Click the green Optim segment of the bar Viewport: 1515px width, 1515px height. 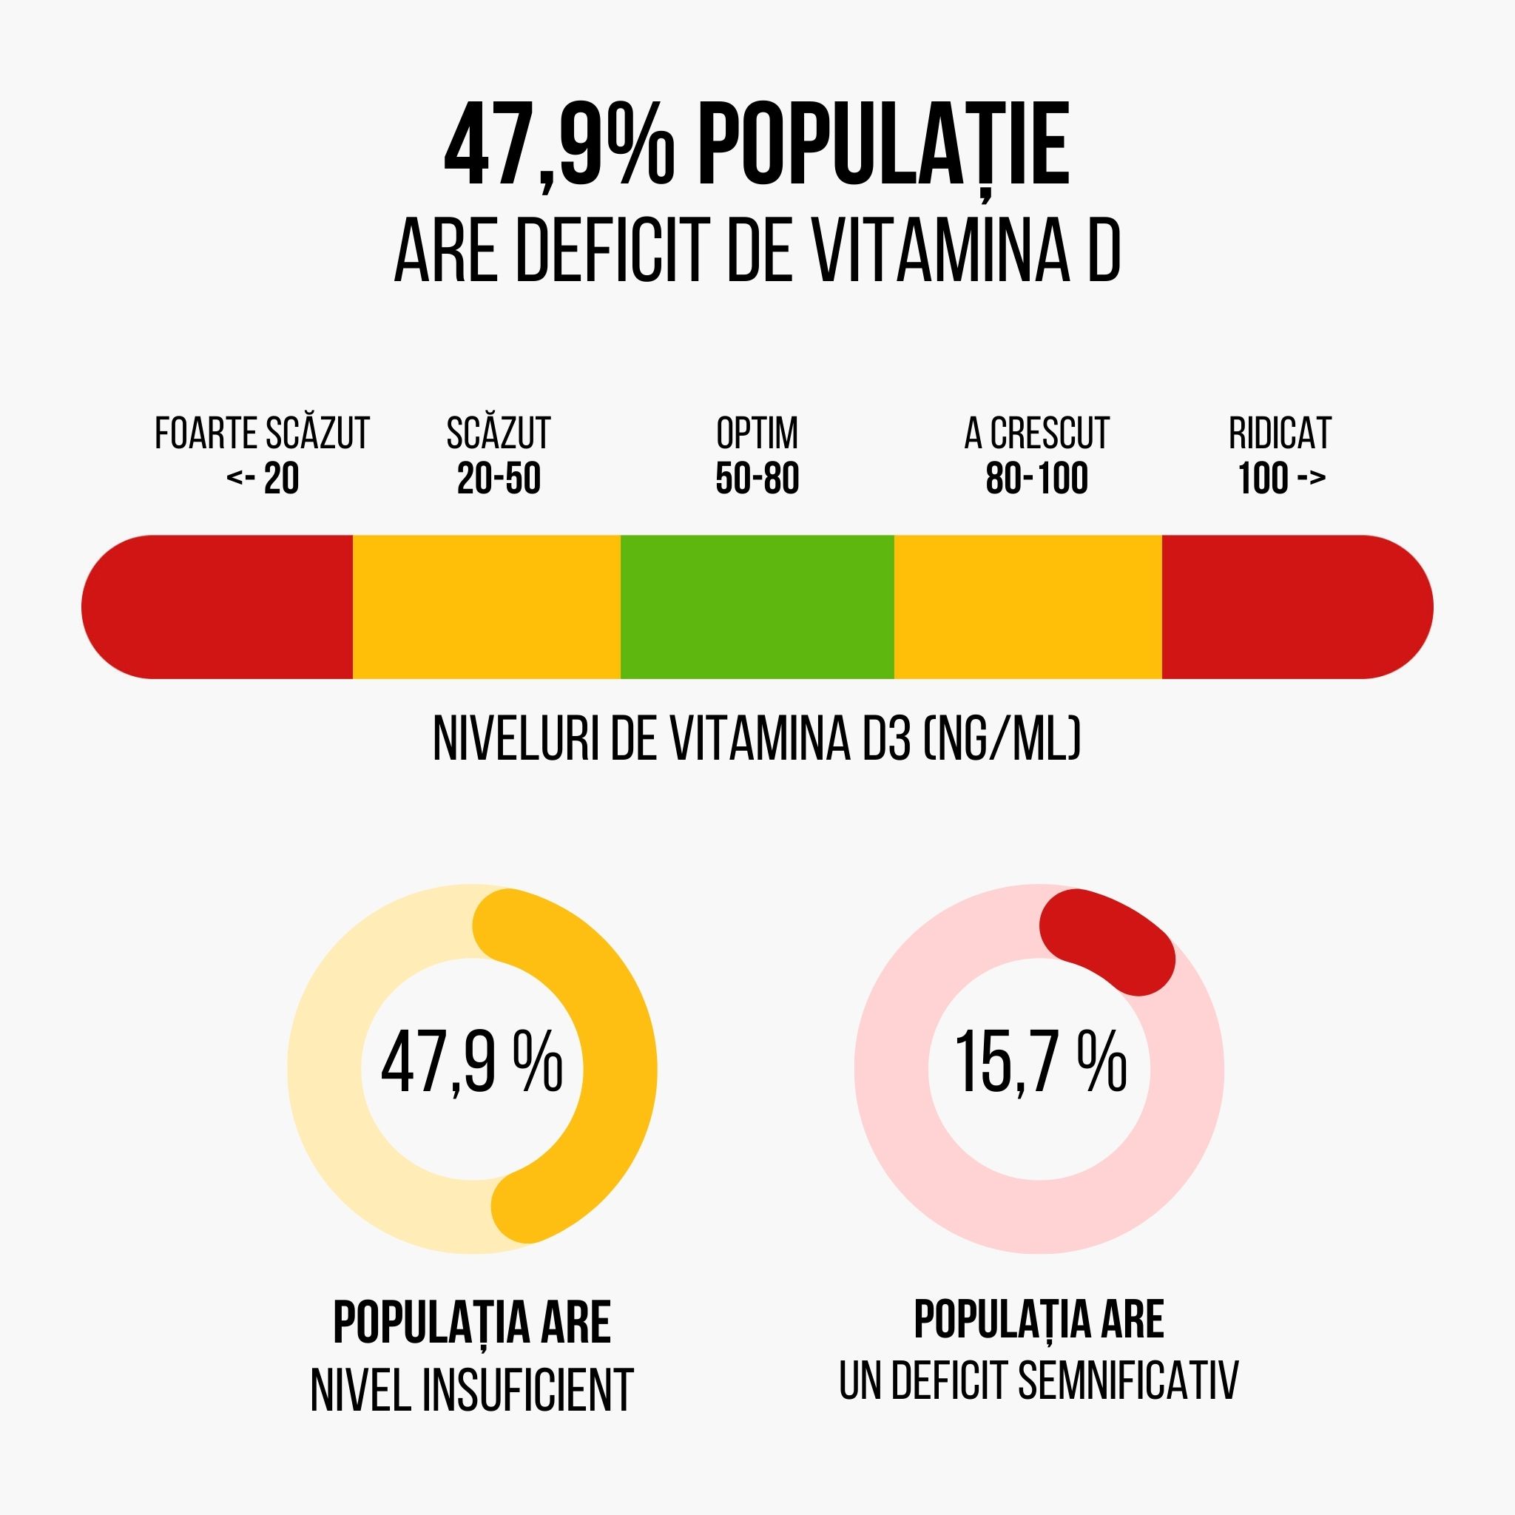757,606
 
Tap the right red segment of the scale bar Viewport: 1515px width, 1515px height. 1294,606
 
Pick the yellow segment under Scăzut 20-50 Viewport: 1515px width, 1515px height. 486,606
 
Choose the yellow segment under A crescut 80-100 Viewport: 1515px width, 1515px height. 1028,606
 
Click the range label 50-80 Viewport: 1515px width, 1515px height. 757,479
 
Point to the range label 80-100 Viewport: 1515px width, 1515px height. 1036,479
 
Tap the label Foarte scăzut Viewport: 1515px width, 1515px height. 262,433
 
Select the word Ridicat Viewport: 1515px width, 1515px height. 1280,433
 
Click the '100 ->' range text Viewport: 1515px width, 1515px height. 1281,479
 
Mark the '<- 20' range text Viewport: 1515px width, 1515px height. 263,479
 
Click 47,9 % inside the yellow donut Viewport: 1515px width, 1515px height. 472,1064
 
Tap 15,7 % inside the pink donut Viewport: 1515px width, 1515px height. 1040,1064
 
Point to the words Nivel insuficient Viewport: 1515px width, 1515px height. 472,1390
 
